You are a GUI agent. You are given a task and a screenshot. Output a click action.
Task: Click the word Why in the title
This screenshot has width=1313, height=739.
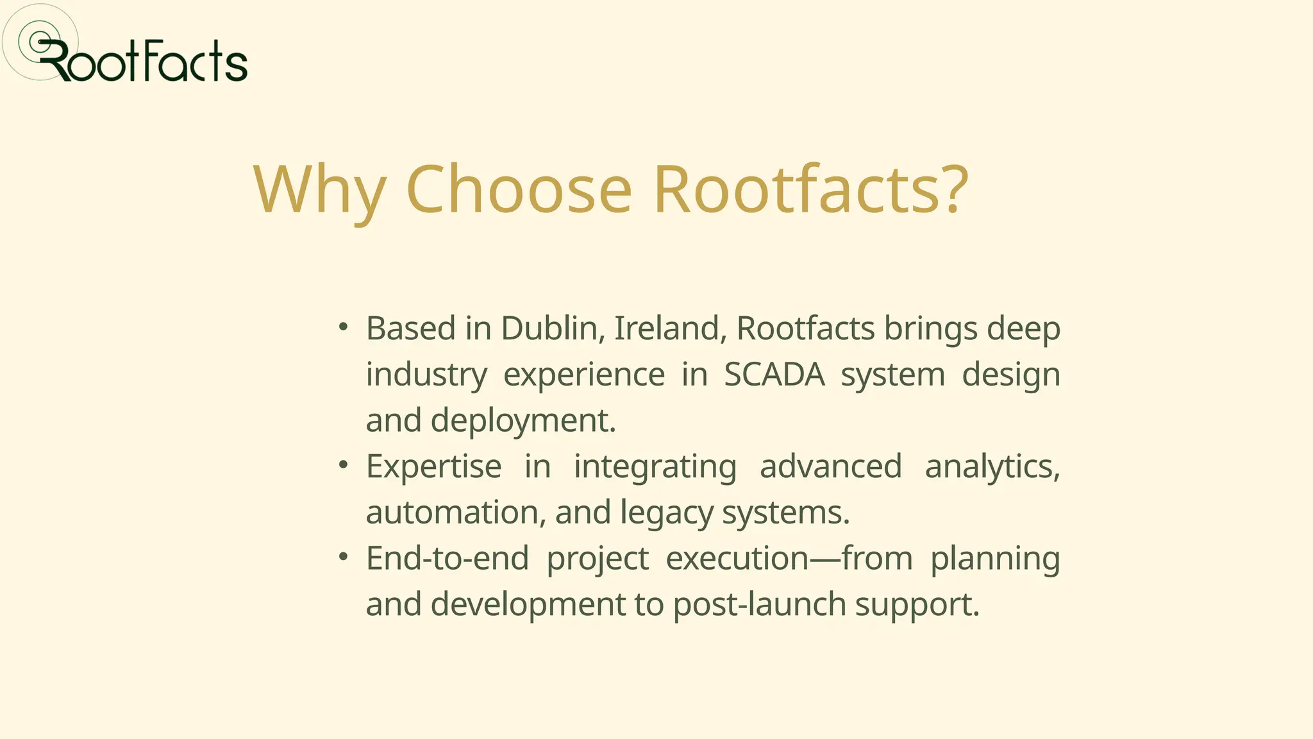coord(319,190)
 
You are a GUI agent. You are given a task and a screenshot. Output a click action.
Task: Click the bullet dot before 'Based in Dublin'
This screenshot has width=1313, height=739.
coord(344,327)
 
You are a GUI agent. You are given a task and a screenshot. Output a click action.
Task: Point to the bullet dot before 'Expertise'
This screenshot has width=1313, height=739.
coord(344,464)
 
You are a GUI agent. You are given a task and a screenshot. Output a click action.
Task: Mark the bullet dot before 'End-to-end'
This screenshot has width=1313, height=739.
coord(344,556)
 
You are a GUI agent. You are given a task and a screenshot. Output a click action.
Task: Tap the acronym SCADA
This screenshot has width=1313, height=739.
coord(774,375)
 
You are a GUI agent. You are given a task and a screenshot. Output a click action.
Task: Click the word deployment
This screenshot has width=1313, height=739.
coord(523,421)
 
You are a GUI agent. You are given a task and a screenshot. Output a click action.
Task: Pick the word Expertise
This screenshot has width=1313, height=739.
coord(433,466)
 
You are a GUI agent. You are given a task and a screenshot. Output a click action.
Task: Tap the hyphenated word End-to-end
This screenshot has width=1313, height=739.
coord(447,558)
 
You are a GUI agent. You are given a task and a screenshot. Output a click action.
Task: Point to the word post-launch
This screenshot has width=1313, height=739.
coord(759,605)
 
